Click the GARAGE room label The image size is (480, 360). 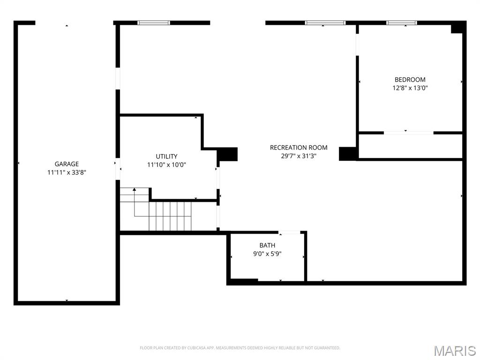pyautogui.click(x=67, y=164)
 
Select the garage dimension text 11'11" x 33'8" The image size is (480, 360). pyautogui.click(x=67, y=172)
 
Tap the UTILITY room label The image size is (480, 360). pyautogui.click(x=166, y=157)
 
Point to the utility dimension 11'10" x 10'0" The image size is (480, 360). pyautogui.click(x=166, y=165)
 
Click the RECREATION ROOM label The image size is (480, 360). pyautogui.click(x=299, y=148)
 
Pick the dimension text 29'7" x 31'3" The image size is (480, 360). pyautogui.click(x=299, y=156)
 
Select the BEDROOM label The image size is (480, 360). pyautogui.click(x=410, y=80)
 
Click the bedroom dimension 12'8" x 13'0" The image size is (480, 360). pyautogui.click(x=410, y=88)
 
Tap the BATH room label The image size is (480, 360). pyautogui.click(x=267, y=246)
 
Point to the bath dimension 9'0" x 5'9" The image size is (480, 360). pyautogui.click(x=267, y=254)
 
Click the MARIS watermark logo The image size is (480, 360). pyautogui.click(x=455, y=351)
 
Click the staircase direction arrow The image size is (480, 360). pyautogui.click(x=135, y=190)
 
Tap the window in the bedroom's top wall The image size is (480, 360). pyautogui.click(x=402, y=22)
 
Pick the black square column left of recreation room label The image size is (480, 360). pyautogui.click(x=228, y=154)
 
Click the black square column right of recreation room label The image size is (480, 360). pyautogui.click(x=348, y=154)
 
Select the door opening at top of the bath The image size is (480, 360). pyautogui.click(x=289, y=232)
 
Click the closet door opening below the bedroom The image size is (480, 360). pyautogui.click(x=408, y=133)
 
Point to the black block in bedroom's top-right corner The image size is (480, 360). pyautogui.click(x=457, y=28)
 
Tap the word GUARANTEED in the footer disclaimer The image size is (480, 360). pyautogui.click(x=328, y=348)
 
